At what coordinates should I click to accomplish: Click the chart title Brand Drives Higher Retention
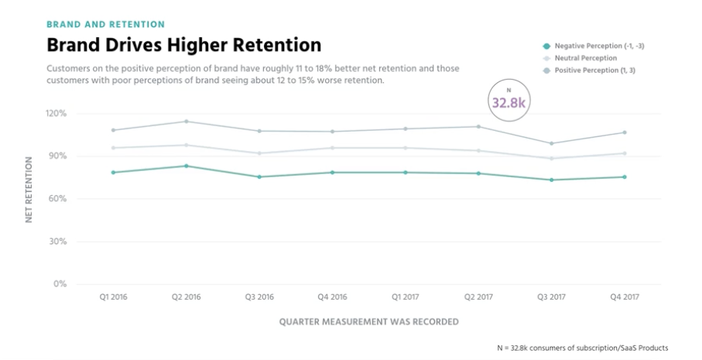click(x=183, y=44)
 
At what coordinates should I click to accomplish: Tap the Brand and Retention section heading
click(x=106, y=24)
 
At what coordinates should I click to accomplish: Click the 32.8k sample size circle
click(x=509, y=101)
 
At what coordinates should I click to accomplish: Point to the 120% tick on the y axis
click(x=57, y=114)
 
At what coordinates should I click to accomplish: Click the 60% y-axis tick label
click(x=58, y=199)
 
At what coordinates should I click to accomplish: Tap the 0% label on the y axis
click(x=60, y=284)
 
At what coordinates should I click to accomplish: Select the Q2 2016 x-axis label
click(x=187, y=297)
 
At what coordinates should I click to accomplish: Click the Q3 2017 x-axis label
click(x=551, y=297)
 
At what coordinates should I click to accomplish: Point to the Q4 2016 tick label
click(x=332, y=297)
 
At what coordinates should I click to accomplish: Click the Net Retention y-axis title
click(x=29, y=190)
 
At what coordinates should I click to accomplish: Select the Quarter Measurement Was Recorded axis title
click(x=368, y=321)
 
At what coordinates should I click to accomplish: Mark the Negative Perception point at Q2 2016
click(x=187, y=166)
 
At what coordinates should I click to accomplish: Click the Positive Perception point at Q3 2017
click(x=551, y=143)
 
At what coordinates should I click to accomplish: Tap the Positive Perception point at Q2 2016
click(x=187, y=122)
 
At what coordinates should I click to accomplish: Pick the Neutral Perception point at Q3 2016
click(x=259, y=153)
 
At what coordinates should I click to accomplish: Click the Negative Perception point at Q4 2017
click(x=624, y=177)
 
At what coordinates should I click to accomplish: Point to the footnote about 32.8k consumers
click(x=582, y=348)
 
